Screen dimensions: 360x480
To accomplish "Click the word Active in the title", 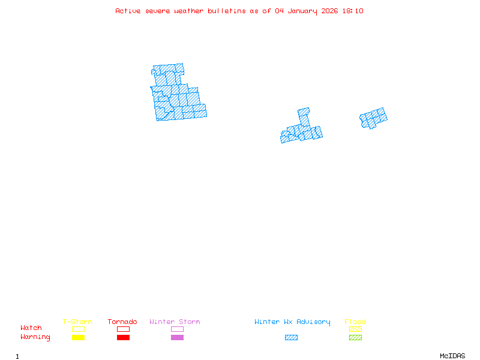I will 128,11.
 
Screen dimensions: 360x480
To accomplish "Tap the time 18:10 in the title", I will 353,11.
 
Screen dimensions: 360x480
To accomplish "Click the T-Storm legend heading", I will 77,322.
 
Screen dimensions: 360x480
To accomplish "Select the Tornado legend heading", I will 122,322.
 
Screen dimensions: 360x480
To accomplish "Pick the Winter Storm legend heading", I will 175,322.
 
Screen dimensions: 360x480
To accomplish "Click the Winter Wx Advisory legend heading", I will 292,322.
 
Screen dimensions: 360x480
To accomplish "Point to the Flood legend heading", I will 355,322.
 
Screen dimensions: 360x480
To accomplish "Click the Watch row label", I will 31,328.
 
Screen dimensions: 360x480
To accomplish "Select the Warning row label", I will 35,337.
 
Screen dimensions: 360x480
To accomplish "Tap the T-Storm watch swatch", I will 78,329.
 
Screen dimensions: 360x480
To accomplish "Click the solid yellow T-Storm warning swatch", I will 78,337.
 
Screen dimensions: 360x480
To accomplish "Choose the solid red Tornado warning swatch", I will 123,337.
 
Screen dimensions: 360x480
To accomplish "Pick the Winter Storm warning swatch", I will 177,337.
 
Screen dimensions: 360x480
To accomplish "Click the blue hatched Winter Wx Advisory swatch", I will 291,337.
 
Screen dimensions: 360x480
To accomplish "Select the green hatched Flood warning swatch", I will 355,337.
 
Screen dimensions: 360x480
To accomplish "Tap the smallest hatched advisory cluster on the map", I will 373,118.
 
